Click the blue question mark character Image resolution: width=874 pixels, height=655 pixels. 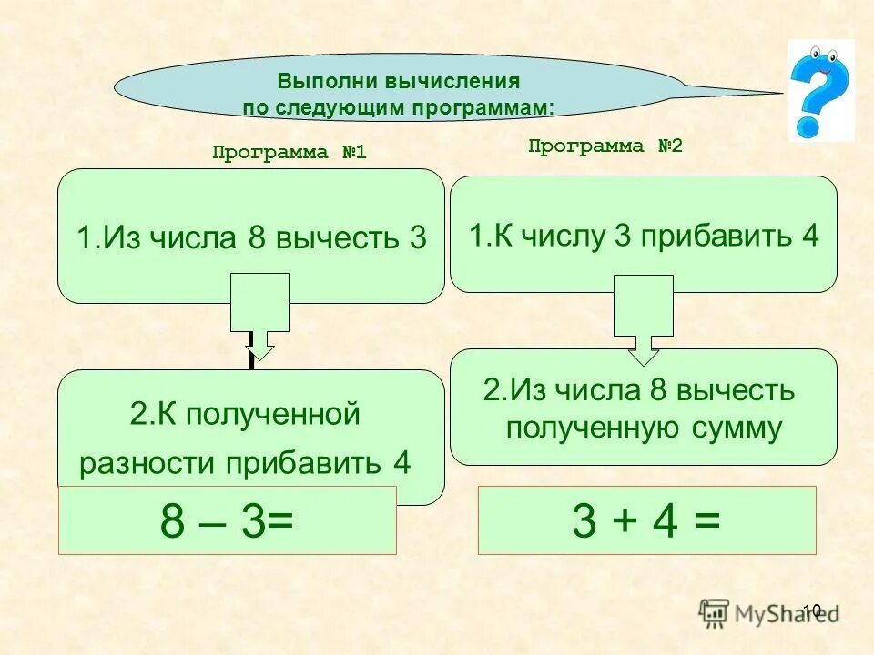[x=820, y=91]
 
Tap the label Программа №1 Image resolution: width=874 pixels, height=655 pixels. [x=289, y=152]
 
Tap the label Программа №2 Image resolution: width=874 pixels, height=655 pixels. [x=605, y=146]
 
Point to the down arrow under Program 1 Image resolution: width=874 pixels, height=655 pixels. [x=260, y=317]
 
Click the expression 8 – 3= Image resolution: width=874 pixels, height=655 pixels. [x=227, y=521]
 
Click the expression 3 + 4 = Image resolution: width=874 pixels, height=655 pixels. [x=646, y=521]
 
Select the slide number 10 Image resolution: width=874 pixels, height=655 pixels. [x=812, y=610]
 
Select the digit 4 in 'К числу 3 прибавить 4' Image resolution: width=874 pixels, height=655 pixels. [x=810, y=236]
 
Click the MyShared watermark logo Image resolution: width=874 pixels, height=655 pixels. [x=765, y=611]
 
